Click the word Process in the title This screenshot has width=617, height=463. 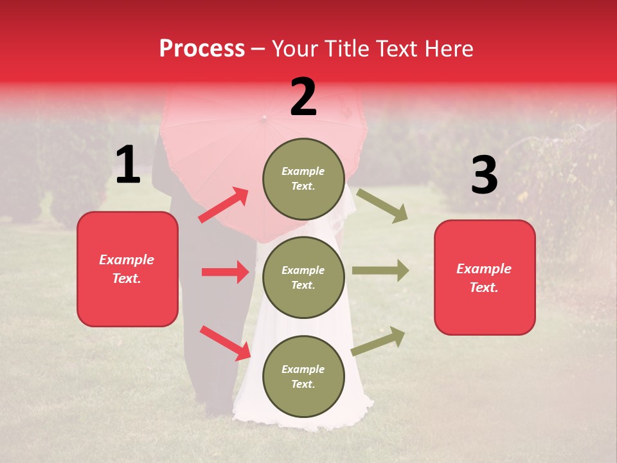[202, 48]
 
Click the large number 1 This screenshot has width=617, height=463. [128, 165]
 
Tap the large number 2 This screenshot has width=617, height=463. [303, 97]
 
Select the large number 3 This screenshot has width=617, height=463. [484, 176]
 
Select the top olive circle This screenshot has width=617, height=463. [303, 179]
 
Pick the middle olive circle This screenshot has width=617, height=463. [303, 278]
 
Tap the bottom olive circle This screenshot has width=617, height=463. [303, 377]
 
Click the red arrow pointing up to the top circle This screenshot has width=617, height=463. [224, 205]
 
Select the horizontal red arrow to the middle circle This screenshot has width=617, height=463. [225, 272]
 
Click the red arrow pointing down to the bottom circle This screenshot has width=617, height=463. [225, 343]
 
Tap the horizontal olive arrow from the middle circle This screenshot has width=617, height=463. [380, 271]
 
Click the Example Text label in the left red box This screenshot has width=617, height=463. [127, 269]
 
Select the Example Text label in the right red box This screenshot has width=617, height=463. [484, 278]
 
